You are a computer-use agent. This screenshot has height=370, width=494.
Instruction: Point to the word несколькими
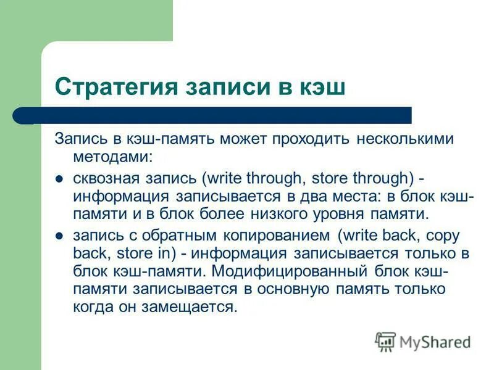pyautogui.click(x=404, y=139)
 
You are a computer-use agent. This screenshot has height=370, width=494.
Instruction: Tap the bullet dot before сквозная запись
pyautogui.click(x=60, y=179)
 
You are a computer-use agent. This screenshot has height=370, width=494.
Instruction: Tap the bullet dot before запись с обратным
pyautogui.click(x=60, y=237)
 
